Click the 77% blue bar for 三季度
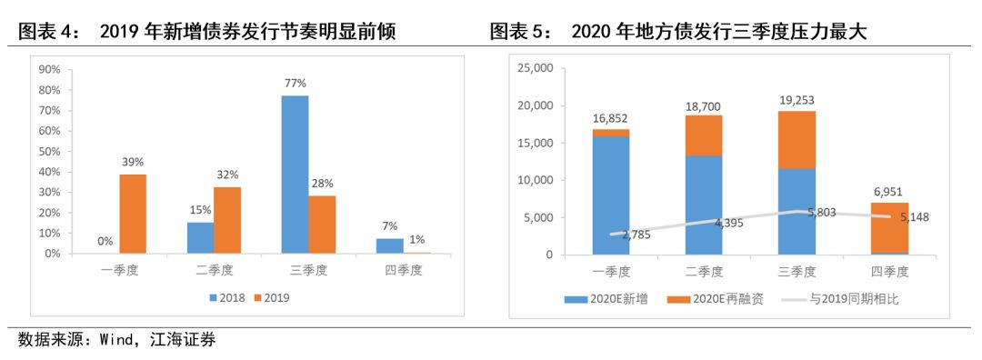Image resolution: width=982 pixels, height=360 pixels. (295, 174)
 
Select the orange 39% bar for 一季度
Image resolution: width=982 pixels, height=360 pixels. (132, 214)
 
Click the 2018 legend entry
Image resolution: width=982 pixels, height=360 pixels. (227, 297)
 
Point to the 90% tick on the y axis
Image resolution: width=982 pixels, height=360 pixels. (47, 69)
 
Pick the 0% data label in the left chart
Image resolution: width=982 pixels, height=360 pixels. (105, 242)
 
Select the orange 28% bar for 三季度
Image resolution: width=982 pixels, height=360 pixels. (322, 225)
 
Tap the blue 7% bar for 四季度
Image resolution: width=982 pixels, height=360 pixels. (389, 245)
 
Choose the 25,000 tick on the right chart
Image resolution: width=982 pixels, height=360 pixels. (534, 68)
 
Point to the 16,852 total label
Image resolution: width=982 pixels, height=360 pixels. (609, 118)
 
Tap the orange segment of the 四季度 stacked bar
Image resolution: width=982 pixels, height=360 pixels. (890, 227)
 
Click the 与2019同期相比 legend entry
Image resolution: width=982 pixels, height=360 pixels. (846, 299)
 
